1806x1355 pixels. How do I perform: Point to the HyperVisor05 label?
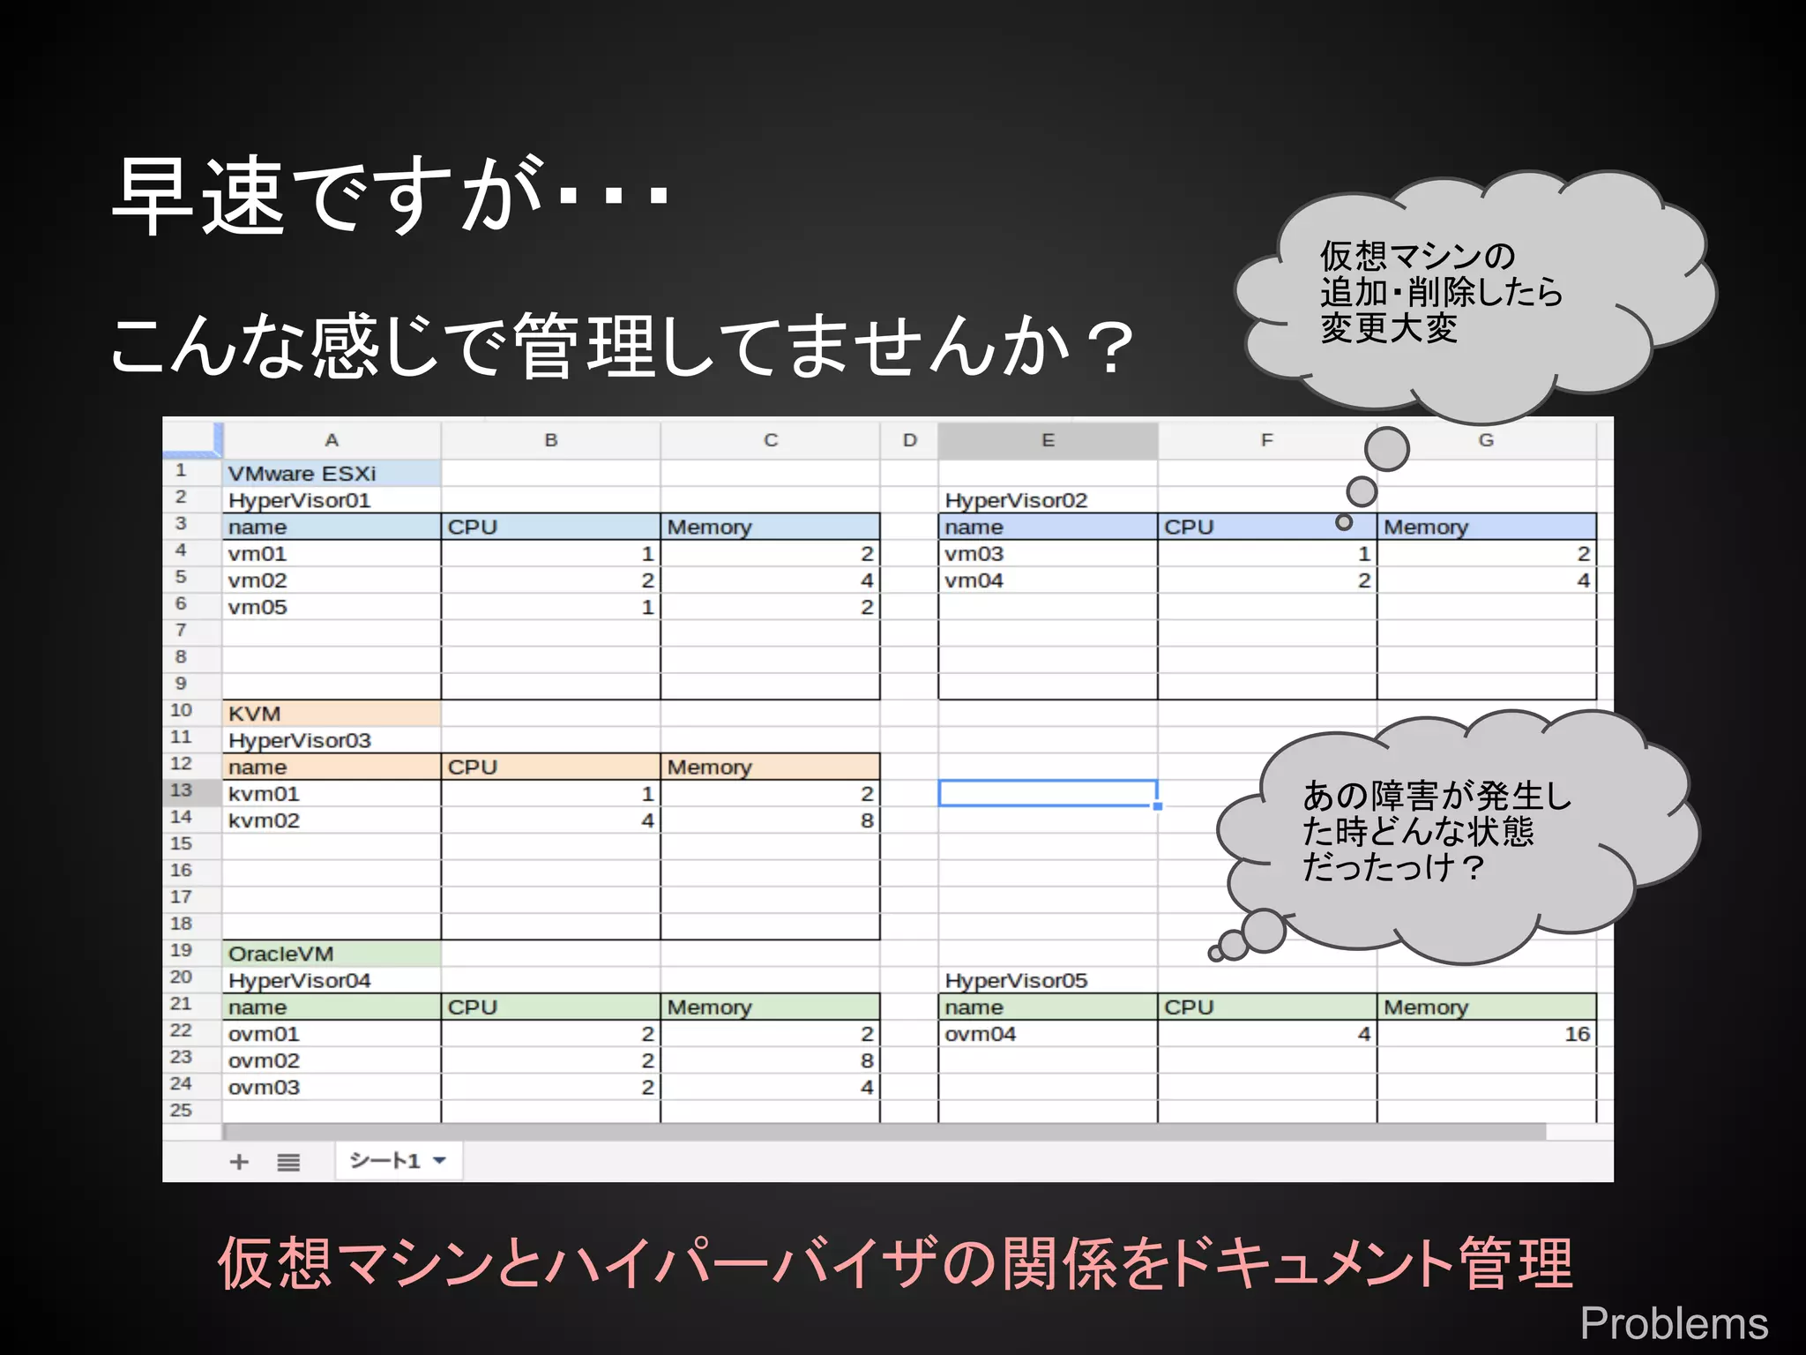pyautogui.click(x=1016, y=981)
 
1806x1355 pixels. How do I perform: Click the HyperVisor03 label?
pyautogui.click(x=299, y=741)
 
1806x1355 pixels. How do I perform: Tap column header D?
pyautogui.click(x=909, y=440)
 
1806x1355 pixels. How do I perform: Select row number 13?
pyautogui.click(x=182, y=791)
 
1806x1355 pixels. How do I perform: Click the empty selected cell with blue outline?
pyautogui.click(x=1047, y=793)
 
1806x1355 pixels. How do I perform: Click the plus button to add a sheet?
pyautogui.click(x=239, y=1162)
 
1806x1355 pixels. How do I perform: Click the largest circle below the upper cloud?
pyautogui.click(x=1386, y=449)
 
